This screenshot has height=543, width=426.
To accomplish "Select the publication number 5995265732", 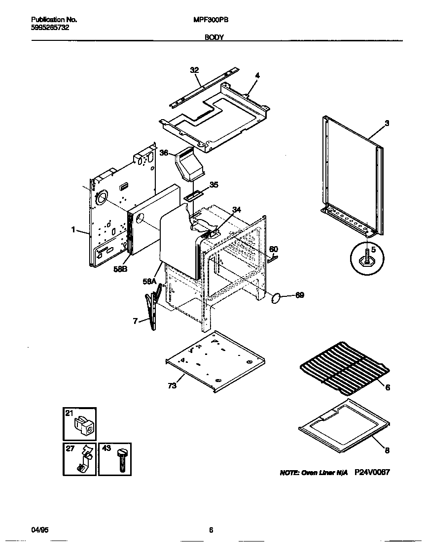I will point(49,28).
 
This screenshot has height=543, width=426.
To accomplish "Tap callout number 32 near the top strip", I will point(194,70).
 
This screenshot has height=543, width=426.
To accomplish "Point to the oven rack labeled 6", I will point(343,369).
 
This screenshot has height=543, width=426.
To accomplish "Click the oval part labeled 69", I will point(277,297).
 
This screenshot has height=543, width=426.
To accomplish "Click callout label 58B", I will point(120,269).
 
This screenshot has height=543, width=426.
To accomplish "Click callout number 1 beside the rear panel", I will point(73,229).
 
